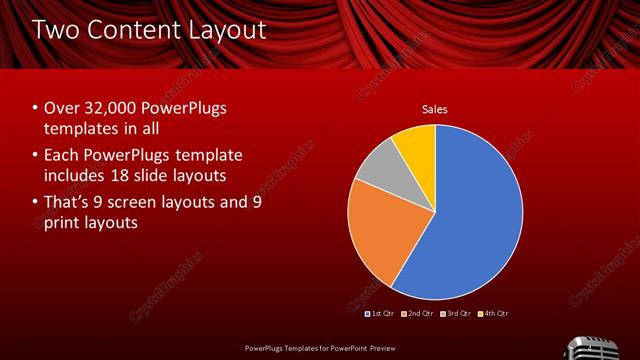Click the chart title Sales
tap(434, 109)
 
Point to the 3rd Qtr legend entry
tap(456, 314)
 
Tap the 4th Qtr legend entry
tap(494, 314)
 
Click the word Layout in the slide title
tap(226, 31)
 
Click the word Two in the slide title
tap(57, 31)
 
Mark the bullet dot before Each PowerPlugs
tap(36, 157)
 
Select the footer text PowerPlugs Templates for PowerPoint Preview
tap(319, 347)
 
